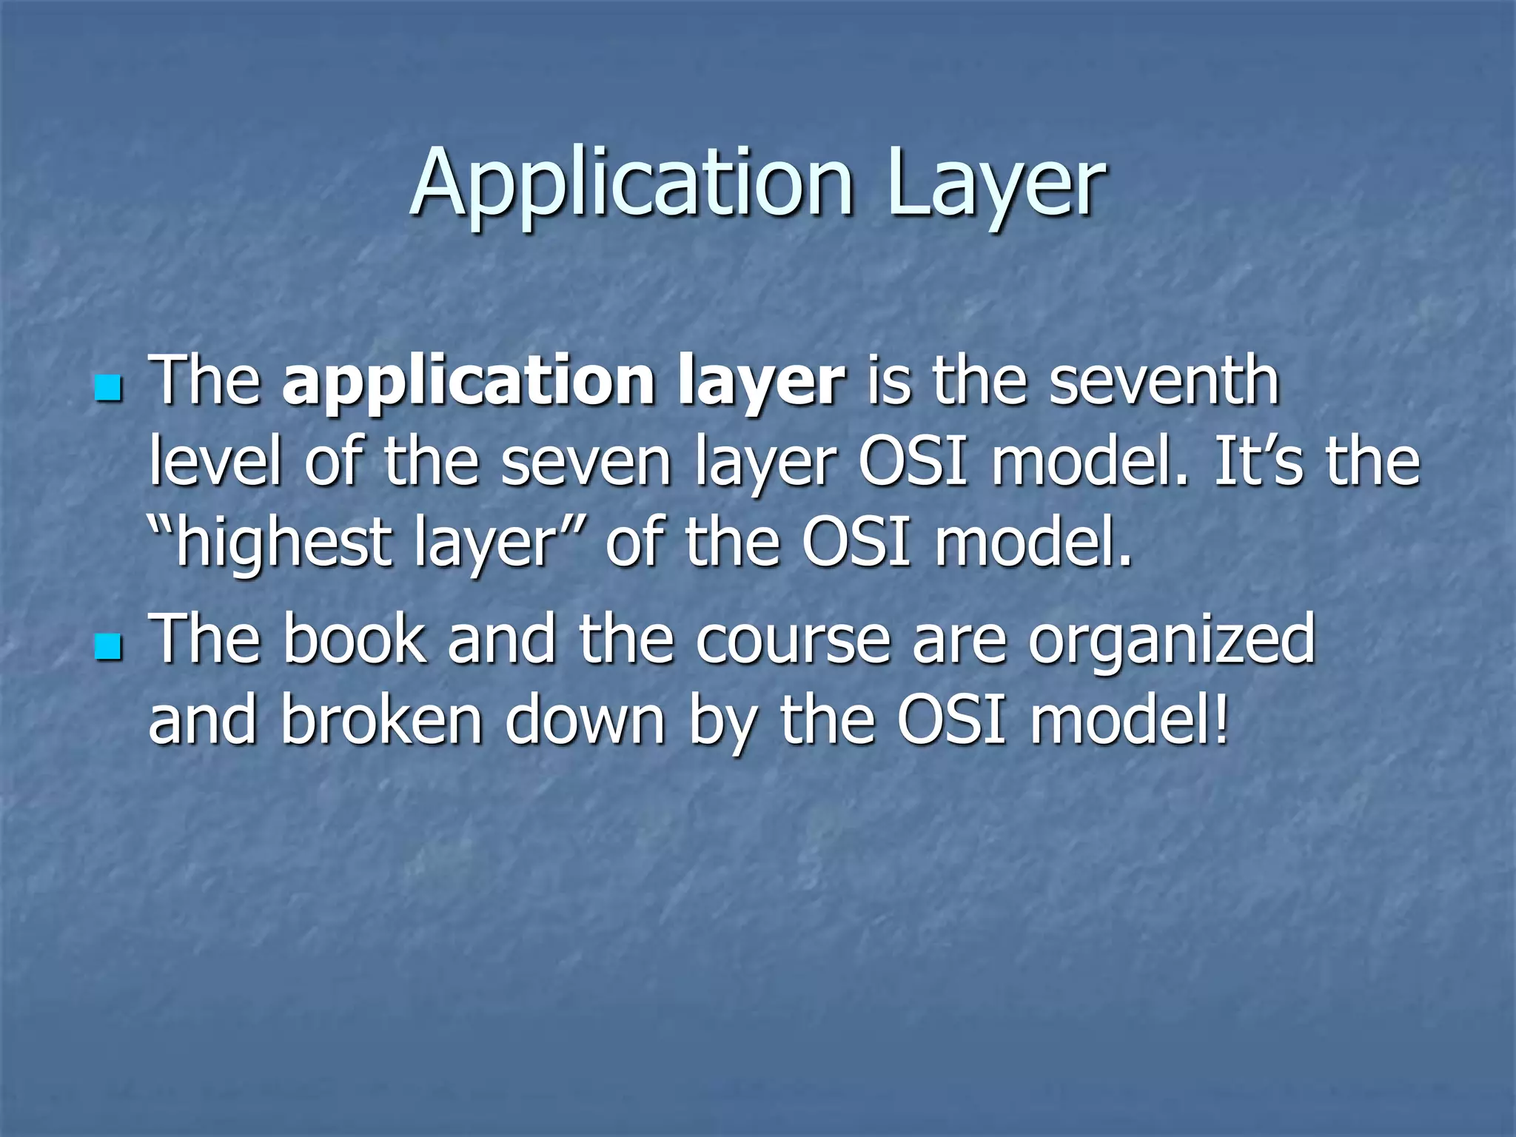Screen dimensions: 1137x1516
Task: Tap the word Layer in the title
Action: click(x=995, y=183)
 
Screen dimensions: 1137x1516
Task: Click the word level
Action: click(x=215, y=462)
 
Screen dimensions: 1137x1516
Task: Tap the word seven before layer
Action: click(x=586, y=463)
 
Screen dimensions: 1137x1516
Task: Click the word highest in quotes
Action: click(x=282, y=543)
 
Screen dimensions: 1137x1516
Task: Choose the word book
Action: click(x=355, y=640)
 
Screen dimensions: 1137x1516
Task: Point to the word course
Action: click(x=793, y=641)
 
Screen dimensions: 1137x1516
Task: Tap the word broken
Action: click(x=382, y=721)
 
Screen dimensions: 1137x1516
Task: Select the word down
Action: click(x=586, y=721)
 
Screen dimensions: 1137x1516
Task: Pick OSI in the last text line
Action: click(x=952, y=721)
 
